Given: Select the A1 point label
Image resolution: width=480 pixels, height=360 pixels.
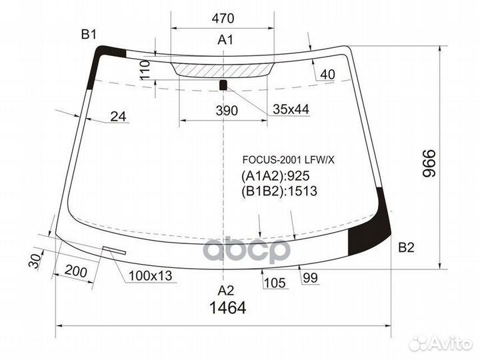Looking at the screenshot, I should point(225,41).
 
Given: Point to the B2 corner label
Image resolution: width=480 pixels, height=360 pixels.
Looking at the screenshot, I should point(406,248).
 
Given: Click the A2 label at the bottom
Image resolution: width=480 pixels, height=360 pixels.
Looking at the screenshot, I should point(225,290).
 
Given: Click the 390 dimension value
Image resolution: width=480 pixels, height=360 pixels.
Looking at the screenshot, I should point(227,111).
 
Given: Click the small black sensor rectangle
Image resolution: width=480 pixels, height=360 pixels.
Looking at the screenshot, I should point(224,84).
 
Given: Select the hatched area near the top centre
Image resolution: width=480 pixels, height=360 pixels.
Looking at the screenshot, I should point(224,69).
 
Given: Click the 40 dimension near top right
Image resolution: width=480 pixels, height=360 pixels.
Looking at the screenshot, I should point(327,75).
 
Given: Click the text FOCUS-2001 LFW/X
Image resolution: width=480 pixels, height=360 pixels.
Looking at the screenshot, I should point(279,160).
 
